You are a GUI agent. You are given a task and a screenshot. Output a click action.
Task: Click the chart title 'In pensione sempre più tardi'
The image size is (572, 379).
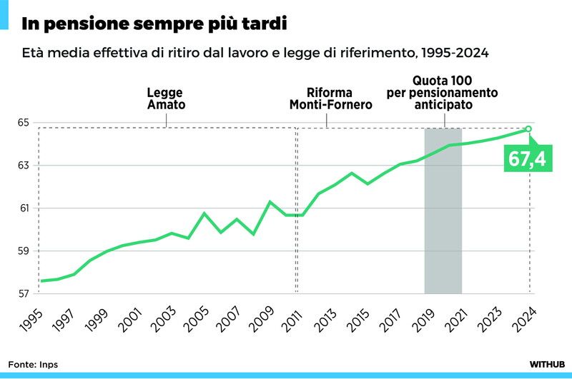pos(154,24)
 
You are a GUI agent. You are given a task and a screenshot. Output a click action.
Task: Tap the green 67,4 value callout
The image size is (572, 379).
pos(527,158)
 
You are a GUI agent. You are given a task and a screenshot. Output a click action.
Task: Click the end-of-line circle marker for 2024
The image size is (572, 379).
pos(529,128)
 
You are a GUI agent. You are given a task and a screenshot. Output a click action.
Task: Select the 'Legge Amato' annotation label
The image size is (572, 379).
pos(166,98)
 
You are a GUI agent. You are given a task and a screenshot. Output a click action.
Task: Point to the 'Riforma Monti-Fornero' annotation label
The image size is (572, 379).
pos(330,98)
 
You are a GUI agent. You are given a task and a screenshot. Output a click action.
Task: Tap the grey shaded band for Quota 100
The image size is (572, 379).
pos(443,214)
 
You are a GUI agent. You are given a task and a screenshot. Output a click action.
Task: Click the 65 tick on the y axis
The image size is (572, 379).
pos(24,123)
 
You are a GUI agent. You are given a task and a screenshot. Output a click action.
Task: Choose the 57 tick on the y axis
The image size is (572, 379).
pos(24,294)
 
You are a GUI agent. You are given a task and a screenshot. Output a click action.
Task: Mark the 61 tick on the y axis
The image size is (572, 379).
pos(24,208)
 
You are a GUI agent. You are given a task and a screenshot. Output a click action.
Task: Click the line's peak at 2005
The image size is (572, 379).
pos(204,213)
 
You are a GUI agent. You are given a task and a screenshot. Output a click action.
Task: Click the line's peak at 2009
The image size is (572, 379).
pos(270,202)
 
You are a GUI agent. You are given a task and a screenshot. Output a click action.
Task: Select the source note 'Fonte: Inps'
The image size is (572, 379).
pos(34,364)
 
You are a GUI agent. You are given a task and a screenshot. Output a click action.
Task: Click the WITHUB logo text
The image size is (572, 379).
pos(547,364)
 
